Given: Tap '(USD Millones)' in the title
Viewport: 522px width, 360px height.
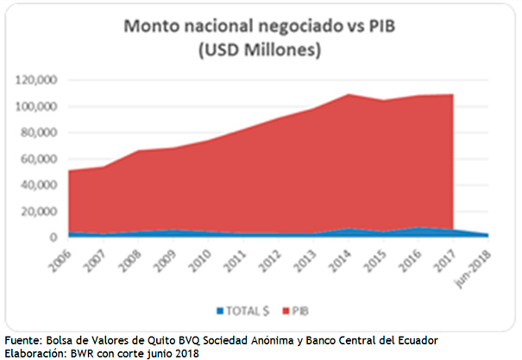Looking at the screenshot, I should pyautogui.click(x=260, y=50).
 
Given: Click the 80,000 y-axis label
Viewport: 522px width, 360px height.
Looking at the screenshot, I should pyautogui.click(x=39, y=133).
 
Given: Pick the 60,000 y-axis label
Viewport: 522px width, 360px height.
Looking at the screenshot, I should pyautogui.click(x=39, y=159).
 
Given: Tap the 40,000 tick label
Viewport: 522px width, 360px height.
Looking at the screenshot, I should pyautogui.click(x=39, y=186).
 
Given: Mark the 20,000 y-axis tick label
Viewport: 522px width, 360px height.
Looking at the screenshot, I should pyautogui.click(x=39, y=212).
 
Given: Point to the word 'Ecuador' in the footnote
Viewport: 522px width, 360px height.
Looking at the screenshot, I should pyautogui.click(x=414, y=339).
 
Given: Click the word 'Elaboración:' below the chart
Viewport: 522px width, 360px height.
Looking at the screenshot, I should pyautogui.click(x=38, y=352).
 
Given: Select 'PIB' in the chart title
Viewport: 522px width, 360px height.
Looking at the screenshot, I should pyautogui.click(x=378, y=27).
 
